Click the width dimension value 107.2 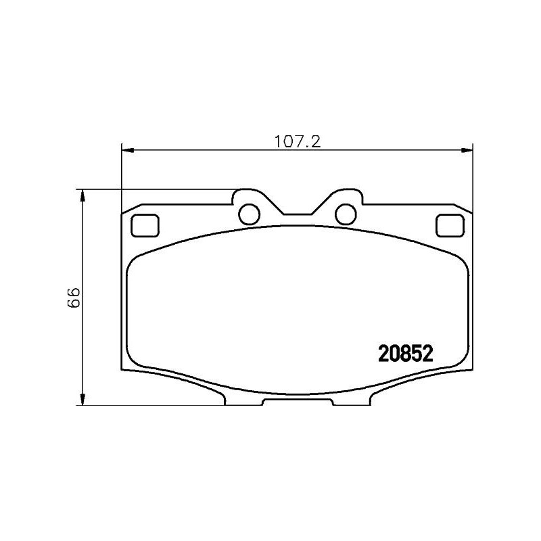tap(296, 142)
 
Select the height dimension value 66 tap(74, 297)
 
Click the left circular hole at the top tap(250, 213)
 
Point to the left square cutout tap(143, 225)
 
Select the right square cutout tap(448, 225)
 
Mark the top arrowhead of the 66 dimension tap(83, 195)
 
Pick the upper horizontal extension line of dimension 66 tap(156, 189)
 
